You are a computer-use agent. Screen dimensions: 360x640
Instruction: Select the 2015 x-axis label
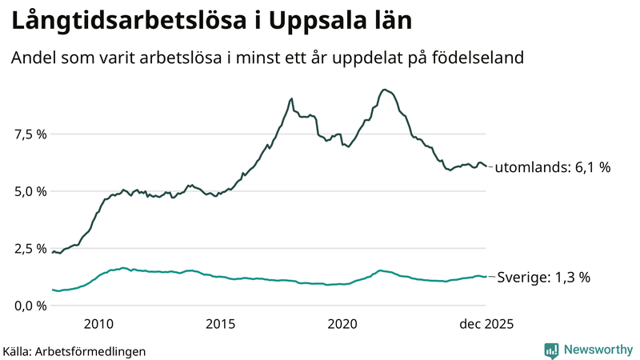pos(220,324)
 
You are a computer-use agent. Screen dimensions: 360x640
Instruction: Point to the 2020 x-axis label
pos(342,324)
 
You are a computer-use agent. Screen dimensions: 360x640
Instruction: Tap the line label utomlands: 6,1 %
pos(553,168)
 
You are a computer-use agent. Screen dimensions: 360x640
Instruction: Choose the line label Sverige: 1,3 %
pos(544,278)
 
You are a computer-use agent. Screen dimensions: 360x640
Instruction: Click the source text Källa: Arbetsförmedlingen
pos(74,350)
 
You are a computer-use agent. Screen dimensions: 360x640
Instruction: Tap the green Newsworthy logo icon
pos(551,350)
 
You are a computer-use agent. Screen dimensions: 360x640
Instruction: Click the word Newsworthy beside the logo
pos(598,350)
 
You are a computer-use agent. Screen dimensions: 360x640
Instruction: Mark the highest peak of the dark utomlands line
pos(386,90)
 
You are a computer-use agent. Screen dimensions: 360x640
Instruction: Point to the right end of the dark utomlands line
pos(486,166)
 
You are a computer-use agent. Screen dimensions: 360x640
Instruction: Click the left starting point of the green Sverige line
pos(53,290)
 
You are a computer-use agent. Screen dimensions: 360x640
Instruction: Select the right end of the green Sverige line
pos(486,277)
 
